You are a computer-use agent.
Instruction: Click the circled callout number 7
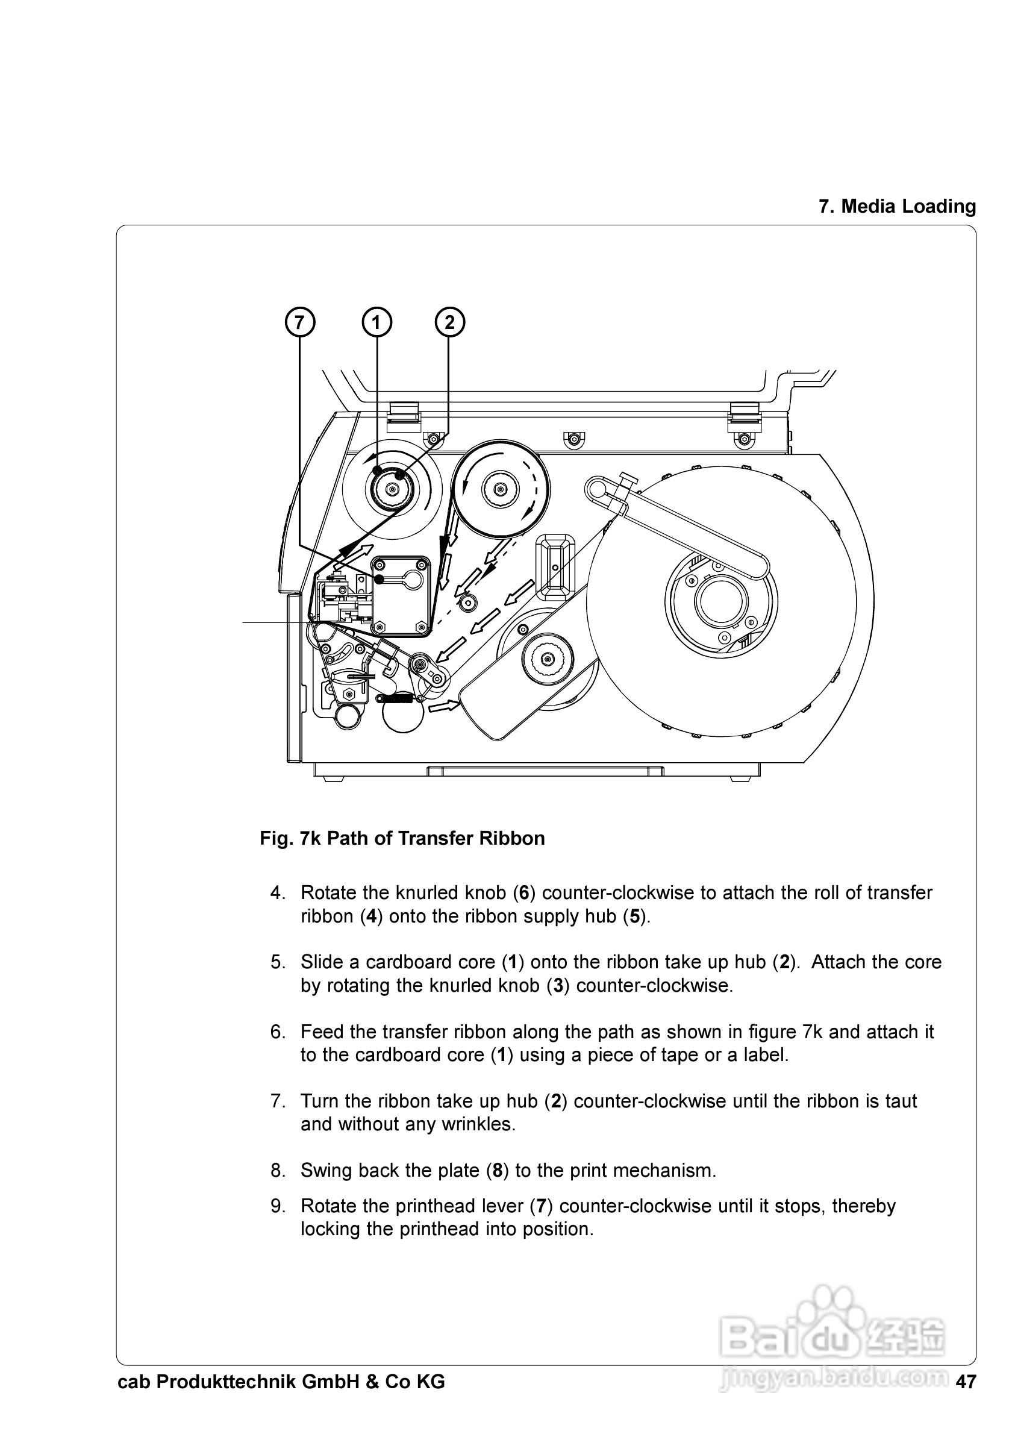[x=299, y=322]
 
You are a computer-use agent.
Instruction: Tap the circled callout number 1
[x=376, y=322]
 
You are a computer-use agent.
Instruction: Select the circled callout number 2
[x=449, y=322]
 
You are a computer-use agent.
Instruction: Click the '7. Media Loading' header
[x=897, y=207]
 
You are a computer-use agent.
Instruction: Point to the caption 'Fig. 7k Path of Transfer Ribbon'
[x=402, y=838]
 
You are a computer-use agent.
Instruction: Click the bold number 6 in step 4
[x=524, y=893]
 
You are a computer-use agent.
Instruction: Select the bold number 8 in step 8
[x=497, y=1171]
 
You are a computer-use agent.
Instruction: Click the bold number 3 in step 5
[x=558, y=986]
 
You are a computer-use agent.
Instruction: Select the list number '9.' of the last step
[x=278, y=1206]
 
